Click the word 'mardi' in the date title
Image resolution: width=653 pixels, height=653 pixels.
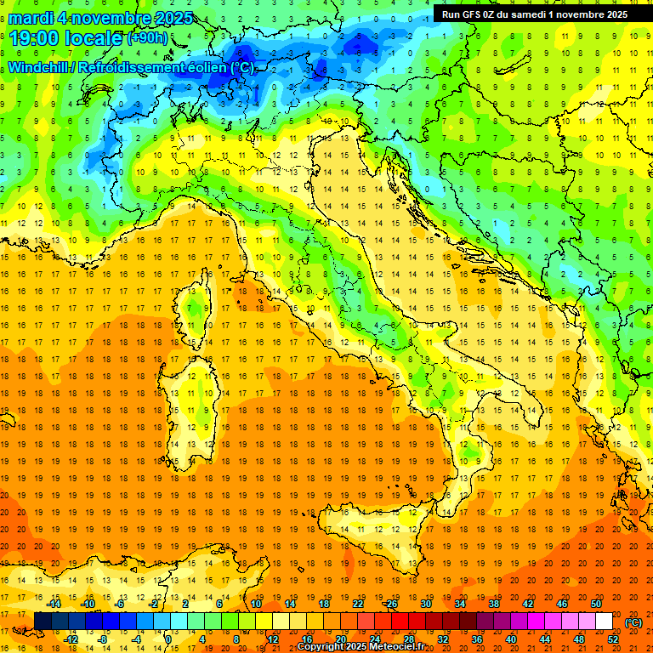coord(27,18)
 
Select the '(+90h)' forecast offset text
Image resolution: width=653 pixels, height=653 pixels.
coord(147,38)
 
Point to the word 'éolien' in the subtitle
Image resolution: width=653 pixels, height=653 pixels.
coord(205,67)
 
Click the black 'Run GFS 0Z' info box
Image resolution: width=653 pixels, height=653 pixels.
coord(535,14)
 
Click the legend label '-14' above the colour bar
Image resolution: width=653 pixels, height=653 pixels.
coord(54,604)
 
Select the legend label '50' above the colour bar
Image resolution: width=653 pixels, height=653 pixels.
coord(596,604)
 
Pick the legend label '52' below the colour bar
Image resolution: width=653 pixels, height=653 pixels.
coord(613,639)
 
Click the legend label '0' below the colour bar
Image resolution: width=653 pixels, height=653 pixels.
coord(169,639)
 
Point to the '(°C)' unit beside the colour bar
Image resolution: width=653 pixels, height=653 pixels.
coord(633,622)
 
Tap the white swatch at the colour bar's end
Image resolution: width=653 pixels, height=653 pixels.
coord(604,622)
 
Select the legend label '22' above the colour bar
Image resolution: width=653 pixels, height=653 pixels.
coord(358,604)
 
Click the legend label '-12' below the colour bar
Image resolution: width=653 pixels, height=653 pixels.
coord(71,639)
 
